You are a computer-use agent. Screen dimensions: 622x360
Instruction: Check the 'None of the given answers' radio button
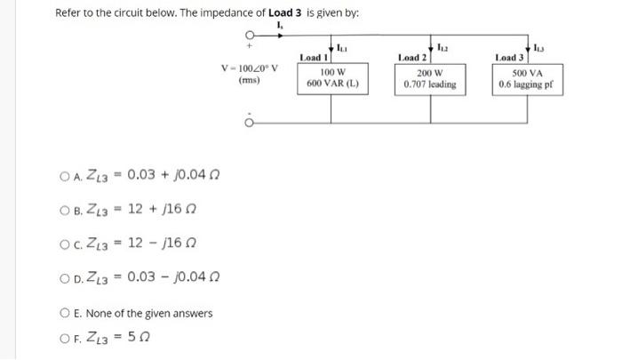click(64, 312)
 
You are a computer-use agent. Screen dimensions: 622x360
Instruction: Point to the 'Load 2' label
click(414, 57)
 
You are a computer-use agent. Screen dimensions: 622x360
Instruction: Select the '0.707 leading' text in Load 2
click(430, 84)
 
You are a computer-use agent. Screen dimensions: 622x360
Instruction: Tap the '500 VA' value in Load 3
click(530, 71)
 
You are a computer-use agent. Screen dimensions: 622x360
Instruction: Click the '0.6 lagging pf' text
click(530, 84)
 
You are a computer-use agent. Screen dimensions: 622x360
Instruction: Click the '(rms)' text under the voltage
click(250, 80)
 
